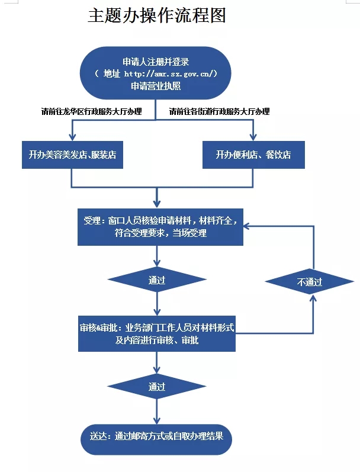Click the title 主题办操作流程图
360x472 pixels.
point(156,16)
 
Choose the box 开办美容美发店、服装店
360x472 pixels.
point(72,155)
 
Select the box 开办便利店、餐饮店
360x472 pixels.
point(253,155)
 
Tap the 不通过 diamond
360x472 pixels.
point(310,282)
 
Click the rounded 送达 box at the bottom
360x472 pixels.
point(156,438)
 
